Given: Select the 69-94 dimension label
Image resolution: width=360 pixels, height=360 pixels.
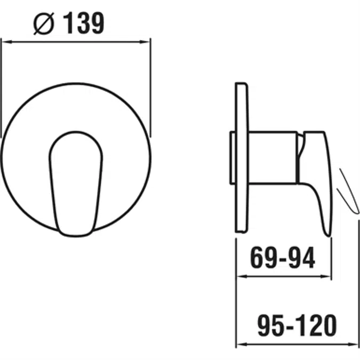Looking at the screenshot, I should pyautogui.click(x=283, y=259).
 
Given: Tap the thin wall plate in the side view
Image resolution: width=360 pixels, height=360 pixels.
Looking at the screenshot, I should pyautogui.click(x=242, y=157).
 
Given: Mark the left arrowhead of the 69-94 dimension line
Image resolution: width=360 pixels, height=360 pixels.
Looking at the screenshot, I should pyautogui.click(x=239, y=277).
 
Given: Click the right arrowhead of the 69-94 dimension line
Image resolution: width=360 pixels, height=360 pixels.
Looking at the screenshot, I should pyautogui.click(x=327, y=277).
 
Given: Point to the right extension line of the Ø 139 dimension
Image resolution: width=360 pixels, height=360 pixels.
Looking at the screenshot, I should pyautogui.click(x=150, y=91).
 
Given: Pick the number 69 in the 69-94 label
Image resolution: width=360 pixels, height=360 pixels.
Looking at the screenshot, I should pyautogui.click(x=263, y=259).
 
